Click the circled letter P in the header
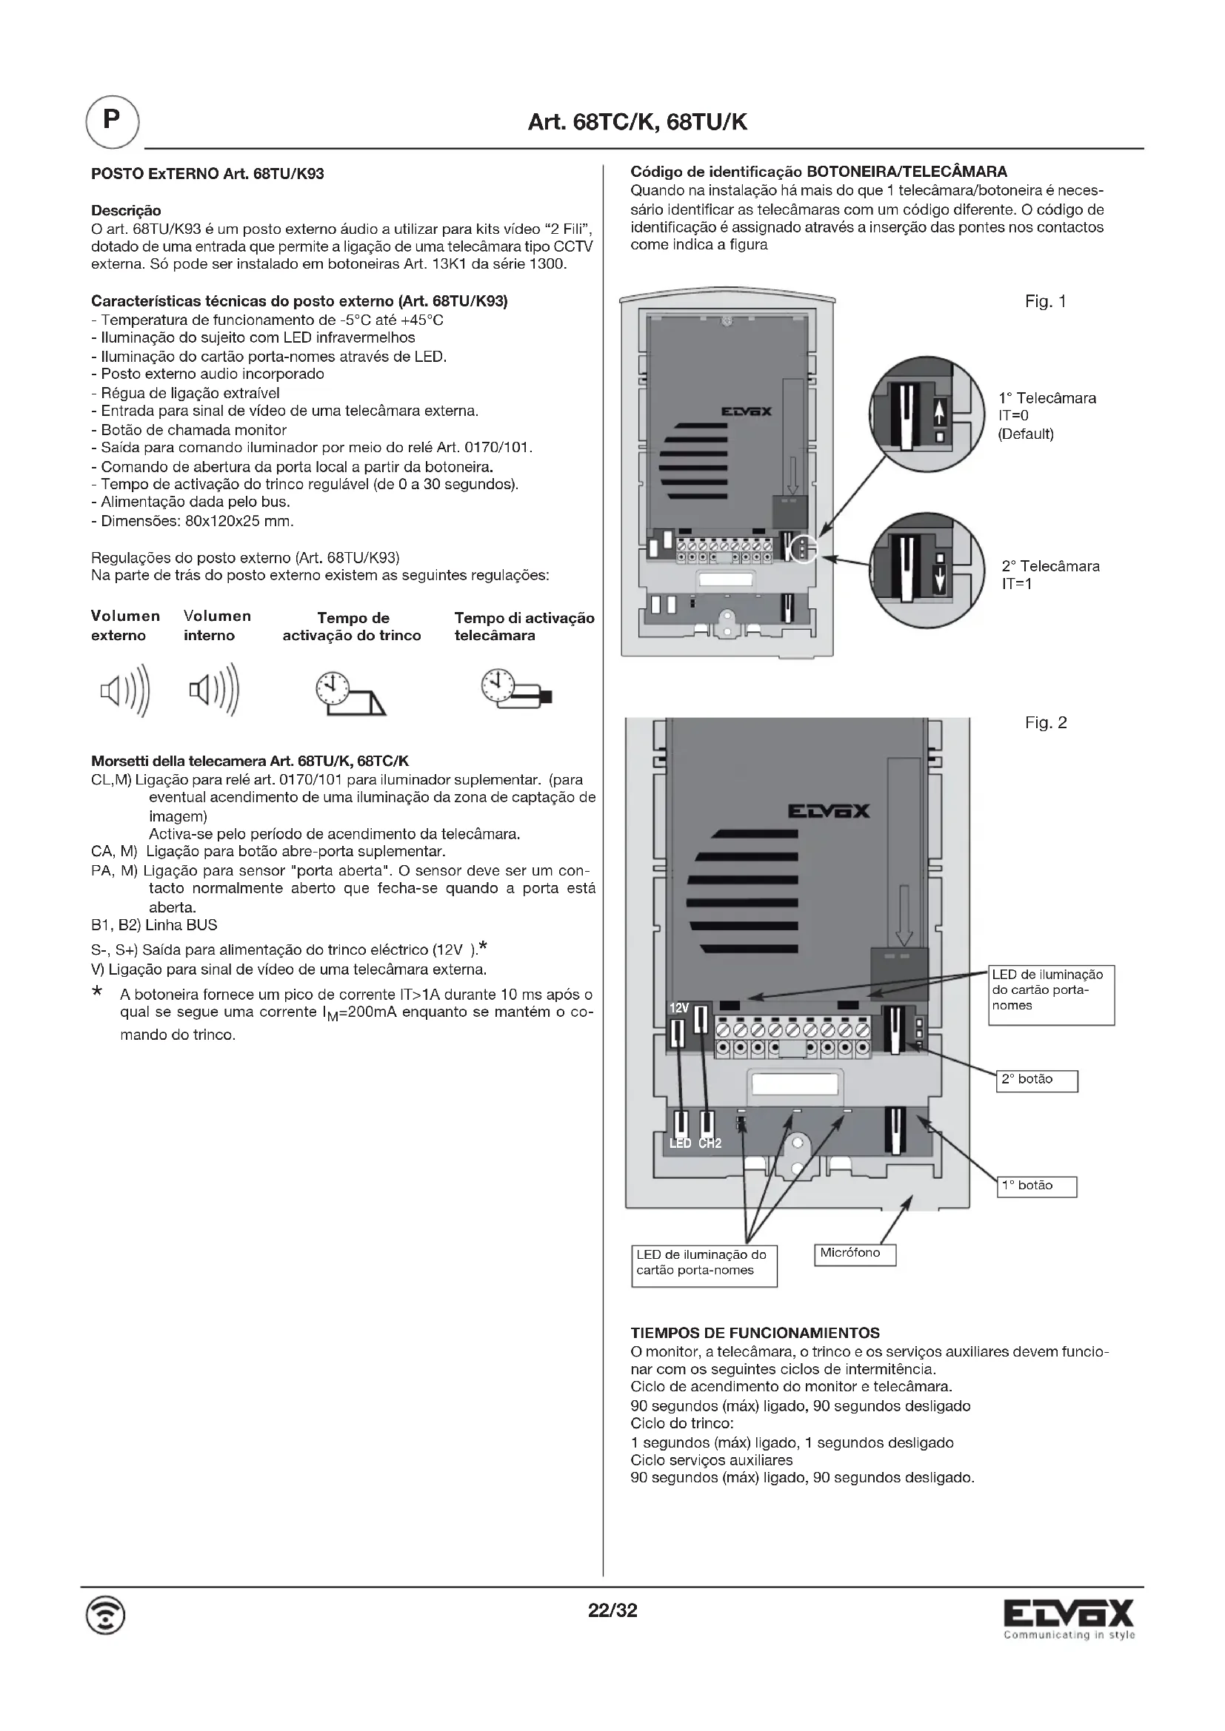pyautogui.click(x=112, y=121)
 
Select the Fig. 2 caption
pyautogui.click(x=1046, y=723)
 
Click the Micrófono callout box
pyautogui.click(x=854, y=1254)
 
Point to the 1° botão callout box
pyautogui.click(x=1035, y=1186)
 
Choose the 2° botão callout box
pyautogui.click(x=1035, y=1080)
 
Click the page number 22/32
pyautogui.click(x=612, y=1611)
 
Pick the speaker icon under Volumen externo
pyautogui.click(x=125, y=690)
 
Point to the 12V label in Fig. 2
pyautogui.click(x=679, y=1008)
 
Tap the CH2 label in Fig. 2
pyautogui.click(x=709, y=1143)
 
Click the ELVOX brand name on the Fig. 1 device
pyautogui.click(x=746, y=411)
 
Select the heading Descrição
pyautogui.click(x=126, y=210)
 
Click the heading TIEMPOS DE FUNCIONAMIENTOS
pyautogui.click(x=755, y=1333)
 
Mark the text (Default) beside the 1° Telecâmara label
pyautogui.click(x=1025, y=434)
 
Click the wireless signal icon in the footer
pyautogui.click(x=107, y=1616)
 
